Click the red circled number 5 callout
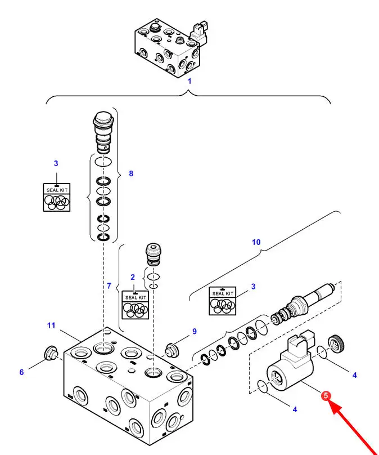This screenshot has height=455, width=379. (x=326, y=395)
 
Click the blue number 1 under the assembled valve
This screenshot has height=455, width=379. (x=189, y=81)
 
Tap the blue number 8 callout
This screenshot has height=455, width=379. (x=131, y=173)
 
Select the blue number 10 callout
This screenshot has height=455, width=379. (x=256, y=242)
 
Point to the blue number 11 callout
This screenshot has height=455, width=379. (x=51, y=325)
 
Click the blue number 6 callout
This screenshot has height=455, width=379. (x=21, y=372)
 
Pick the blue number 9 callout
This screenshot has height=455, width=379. (x=195, y=331)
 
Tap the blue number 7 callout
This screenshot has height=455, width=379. (x=109, y=286)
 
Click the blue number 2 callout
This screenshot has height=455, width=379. (x=133, y=277)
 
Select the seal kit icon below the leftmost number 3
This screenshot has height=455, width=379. (x=57, y=197)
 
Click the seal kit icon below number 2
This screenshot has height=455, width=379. (x=136, y=305)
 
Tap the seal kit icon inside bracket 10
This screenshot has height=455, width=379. (x=223, y=301)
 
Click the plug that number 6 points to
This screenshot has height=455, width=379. (x=51, y=353)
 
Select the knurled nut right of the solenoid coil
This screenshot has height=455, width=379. (x=336, y=344)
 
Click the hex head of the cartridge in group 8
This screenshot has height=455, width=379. (x=103, y=117)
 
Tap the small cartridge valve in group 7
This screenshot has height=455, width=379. (x=154, y=254)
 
